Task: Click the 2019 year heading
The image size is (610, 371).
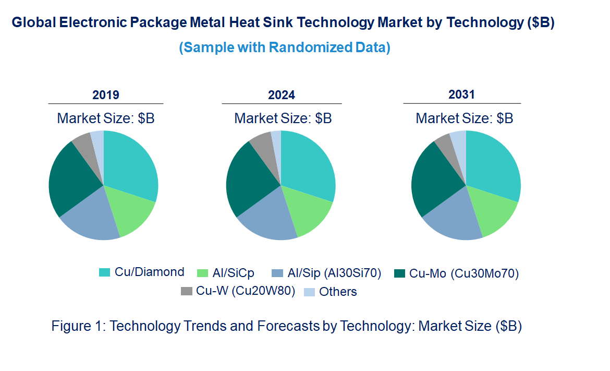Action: [106, 95]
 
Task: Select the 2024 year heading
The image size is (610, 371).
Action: [282, 95]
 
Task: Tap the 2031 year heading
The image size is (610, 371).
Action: [462, 94]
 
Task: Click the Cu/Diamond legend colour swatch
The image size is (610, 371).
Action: [105, 272]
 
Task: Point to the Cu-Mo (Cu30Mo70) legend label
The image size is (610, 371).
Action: [464, 273]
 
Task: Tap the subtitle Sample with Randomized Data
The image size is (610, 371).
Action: [285, 47]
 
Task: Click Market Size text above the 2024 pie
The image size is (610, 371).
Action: [283, 118]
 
